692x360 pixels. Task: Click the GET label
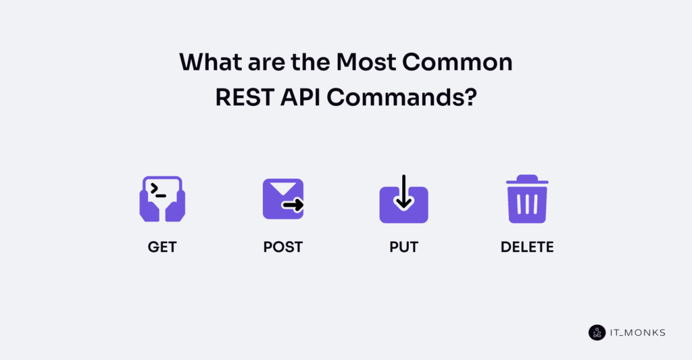[x=162, y=247]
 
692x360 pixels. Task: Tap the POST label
[x=282, y=247]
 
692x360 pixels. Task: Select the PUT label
[x=403, y=247]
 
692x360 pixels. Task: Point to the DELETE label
[x=527, y=247]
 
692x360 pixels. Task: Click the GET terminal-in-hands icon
[x=162, y=199]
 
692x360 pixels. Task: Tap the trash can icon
[x=527, y=199]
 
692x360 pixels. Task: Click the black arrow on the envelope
[x=293, y=205]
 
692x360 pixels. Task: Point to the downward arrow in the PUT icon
[x=403, y=192]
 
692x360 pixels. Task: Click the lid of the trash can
[x=527, y=180]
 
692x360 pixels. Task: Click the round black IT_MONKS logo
[x=597, y=332]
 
